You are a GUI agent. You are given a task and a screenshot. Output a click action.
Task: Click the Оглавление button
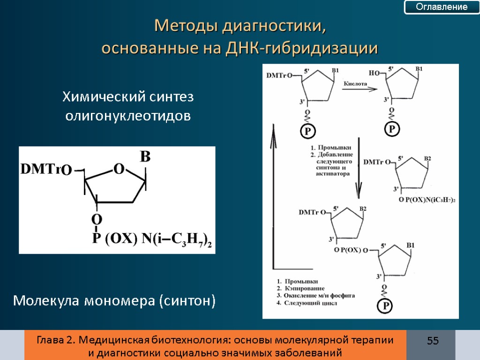(x=442, y=7)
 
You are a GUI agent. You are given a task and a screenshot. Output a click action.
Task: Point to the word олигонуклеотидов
(x=128, y=116)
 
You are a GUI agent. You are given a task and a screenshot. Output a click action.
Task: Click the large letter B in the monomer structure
(x=145, y=157)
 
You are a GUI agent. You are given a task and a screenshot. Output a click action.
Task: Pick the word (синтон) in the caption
(x=187, y=300)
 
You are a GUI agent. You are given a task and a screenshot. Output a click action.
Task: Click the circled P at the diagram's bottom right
(x=385, y=306)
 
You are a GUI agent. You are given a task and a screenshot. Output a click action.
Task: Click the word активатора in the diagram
(x=333, y=173)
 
